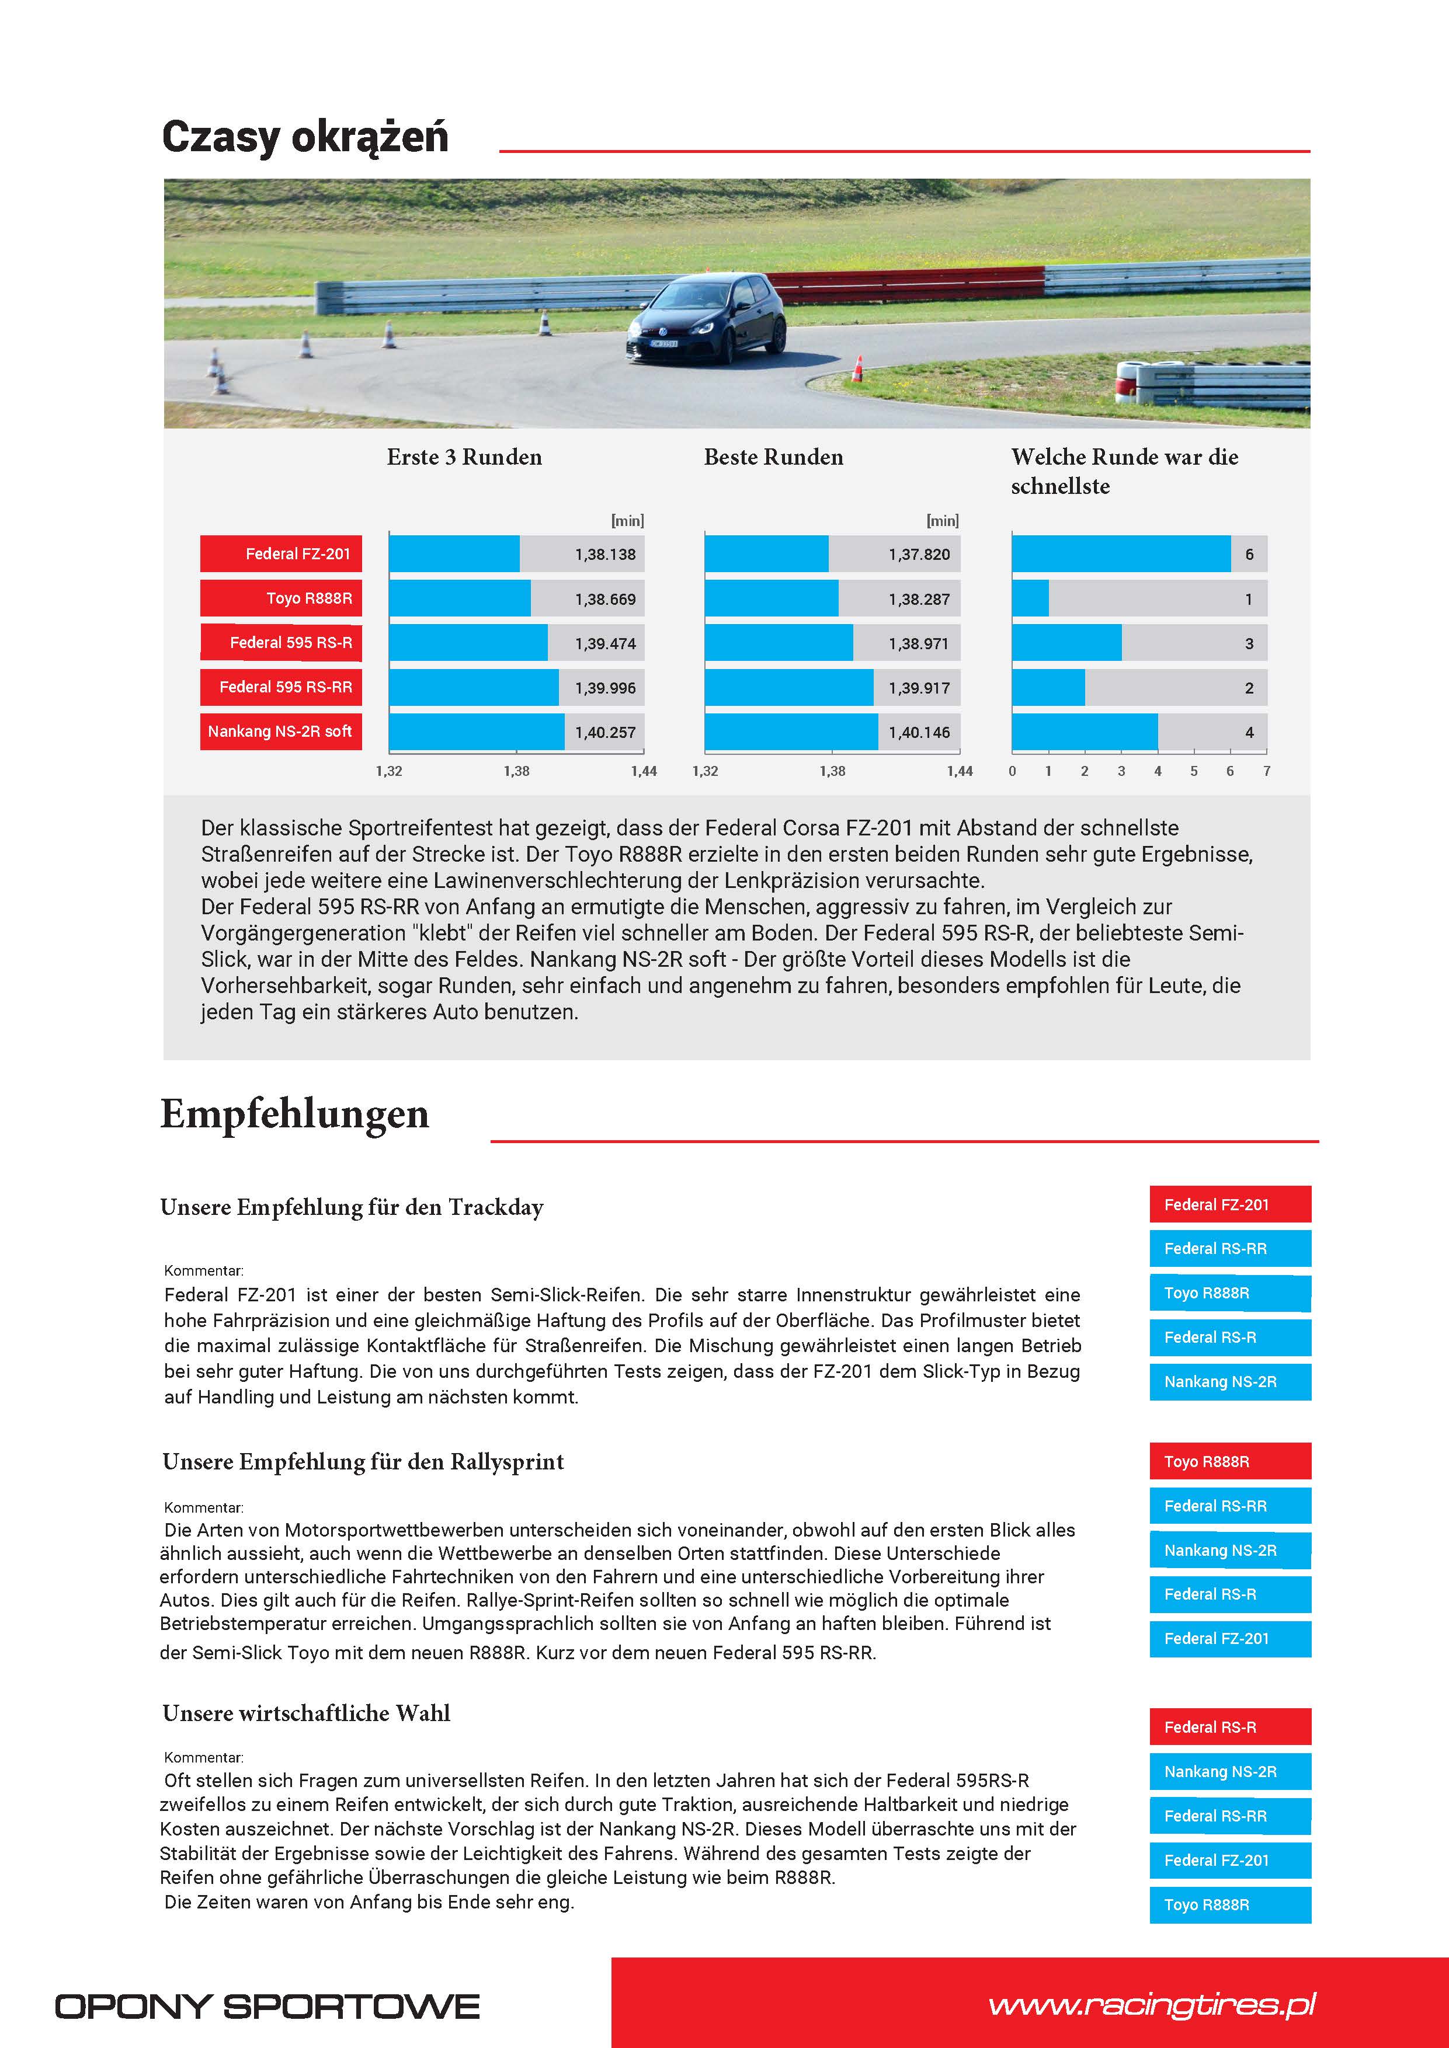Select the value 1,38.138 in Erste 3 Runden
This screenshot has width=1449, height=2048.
[605, 555]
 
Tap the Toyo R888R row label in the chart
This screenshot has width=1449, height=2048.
[281, 598]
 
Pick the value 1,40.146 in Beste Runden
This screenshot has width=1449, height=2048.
[919, 732]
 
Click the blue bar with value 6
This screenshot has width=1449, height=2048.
[1121, 554]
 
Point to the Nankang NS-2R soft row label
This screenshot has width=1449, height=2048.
[281, 732]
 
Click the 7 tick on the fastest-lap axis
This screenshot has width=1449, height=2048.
[1266, 771]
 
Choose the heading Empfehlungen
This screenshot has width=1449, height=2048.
[294, 1114]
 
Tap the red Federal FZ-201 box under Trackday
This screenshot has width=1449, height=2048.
[1229, 1204]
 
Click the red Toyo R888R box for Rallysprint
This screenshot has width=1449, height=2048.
[1229, 1461]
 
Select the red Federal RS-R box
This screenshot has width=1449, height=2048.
[1229, 1727]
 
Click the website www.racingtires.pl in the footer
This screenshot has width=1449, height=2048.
[1152, 2005]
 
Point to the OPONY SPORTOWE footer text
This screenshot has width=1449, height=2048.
[267, 2007]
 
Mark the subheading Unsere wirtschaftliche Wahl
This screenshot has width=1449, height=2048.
[306, 1713]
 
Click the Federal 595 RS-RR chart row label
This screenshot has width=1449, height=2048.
[281, 687]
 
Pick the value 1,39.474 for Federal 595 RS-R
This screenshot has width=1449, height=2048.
[605, 644]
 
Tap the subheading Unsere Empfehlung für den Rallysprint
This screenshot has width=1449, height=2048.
[363, 1462]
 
